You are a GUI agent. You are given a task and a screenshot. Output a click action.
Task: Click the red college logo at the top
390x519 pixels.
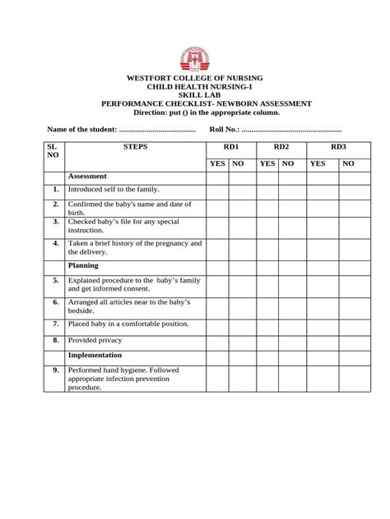pos(195,57)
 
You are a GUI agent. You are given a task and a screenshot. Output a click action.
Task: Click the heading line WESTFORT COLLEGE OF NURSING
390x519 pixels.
pos(195,78)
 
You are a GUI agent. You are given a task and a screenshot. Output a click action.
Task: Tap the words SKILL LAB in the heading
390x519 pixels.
pos(195,95)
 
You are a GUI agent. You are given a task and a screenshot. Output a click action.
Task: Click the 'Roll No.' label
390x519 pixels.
pos(224,130)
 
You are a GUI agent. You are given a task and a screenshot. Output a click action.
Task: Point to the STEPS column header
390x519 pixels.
pos(135,147)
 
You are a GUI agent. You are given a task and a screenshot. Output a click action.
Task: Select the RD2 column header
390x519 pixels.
pos(281,147)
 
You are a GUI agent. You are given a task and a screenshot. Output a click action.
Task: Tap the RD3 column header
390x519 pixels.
pos(338,147)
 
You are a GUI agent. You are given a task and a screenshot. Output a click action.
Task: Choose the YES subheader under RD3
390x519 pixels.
pos(318,163)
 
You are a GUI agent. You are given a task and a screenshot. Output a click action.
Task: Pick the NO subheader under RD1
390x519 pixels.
pos(239,163)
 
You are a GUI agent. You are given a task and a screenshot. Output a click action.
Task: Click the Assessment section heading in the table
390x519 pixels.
pos(88,177)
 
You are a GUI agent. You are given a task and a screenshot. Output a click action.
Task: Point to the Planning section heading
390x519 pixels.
pos(84,265)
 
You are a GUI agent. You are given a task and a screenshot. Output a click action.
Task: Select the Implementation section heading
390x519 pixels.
pos(95,356)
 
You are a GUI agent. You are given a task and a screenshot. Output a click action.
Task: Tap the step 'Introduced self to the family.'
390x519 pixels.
pos(114,190)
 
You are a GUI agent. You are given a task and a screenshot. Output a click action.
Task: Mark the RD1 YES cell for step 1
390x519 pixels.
pos(217,191)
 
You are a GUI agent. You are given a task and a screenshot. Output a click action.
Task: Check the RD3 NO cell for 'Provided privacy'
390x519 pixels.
pos(348,340)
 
